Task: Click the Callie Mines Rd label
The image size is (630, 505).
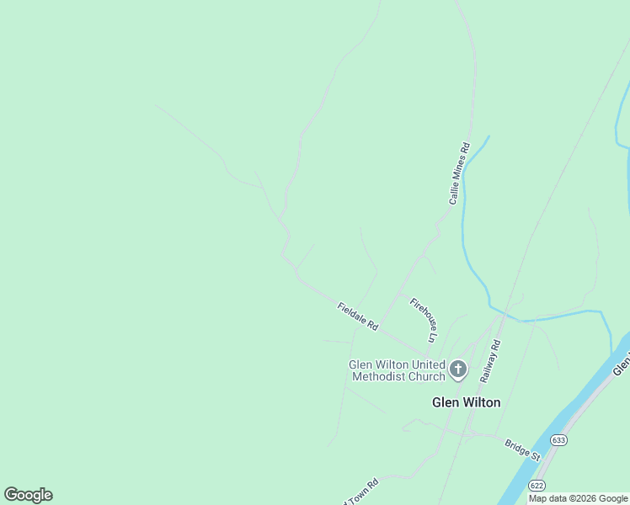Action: click(459, 173)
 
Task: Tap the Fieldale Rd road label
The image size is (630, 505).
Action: click(358, 316)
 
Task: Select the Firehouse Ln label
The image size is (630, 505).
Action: click(424, 320)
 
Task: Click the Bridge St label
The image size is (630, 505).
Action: click(522, 449)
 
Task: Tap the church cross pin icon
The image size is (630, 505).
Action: click(458, 369)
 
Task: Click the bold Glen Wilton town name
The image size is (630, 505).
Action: click(466, 402)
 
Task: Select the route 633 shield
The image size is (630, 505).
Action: click(558, 440)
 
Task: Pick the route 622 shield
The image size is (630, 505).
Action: click(536, 486)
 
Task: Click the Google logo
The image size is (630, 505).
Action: click(28, 495)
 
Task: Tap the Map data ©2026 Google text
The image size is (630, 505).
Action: click(579, 498)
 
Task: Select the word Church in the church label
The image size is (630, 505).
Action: click(425, 376)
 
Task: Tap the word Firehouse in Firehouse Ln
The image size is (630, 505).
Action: click(421, 314)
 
